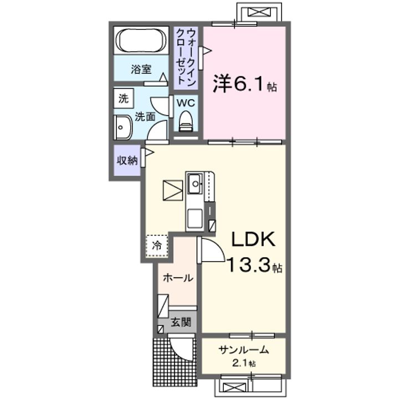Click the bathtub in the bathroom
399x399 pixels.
[x=141, y=40]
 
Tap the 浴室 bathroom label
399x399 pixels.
[x=141, y=69]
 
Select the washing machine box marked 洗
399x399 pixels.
[x=124, y=98]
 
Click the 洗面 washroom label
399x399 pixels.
[x=145, y=117]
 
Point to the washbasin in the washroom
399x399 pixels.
[x=122, y=127]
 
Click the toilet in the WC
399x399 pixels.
[x=186, y=121]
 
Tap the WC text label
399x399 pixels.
[x=186, y=103]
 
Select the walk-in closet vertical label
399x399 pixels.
[x=186, y=57]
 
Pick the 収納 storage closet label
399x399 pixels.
[x=127, y=160]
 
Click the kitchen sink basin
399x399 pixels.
[x=195, y=183]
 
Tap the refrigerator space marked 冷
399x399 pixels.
[x=157, y=246]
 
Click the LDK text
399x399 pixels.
[x=253, y=239]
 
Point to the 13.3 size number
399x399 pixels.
[x=248, y=264]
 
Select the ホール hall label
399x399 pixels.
[x=178, y=278]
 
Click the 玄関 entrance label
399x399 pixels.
[x=181, y=323]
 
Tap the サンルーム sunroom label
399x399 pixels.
[x=243, y=350]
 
